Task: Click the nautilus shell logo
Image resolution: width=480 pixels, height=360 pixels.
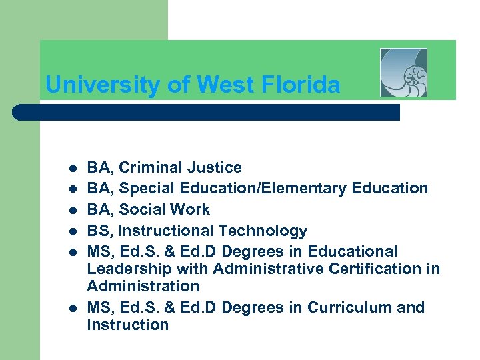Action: pos(403,73)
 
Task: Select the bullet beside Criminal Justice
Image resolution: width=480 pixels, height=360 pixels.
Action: pos(72,168)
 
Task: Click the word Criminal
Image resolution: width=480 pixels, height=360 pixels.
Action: pos(149,167)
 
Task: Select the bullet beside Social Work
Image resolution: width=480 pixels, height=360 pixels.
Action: pos(72,210)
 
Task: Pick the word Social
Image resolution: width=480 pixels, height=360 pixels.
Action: pos(142,209)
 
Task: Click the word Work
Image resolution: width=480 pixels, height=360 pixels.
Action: pos(191,209)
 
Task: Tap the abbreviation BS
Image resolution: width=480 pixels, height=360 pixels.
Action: pos(98,231)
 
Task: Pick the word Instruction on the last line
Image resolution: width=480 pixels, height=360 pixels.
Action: pos(127,325)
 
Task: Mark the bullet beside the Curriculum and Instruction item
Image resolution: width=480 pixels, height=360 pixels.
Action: pos(72,308)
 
